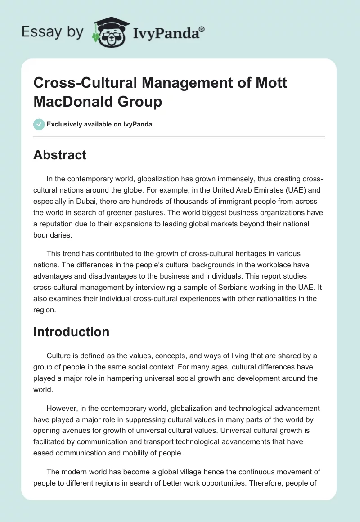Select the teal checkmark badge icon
pyautogui.click(x=39, y=124)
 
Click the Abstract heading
pyautogui.click(x=60, y=155)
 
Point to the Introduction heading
pyautogui.click(x=71, y=332)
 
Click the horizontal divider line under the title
pyautogui.click(x=180, y=136)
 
